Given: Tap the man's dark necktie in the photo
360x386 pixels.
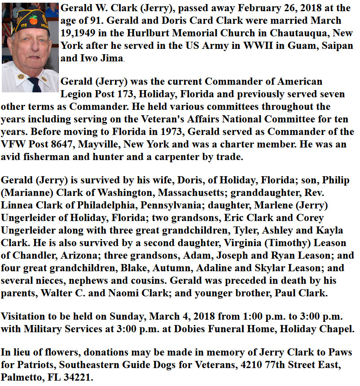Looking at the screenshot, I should (34, 85).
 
